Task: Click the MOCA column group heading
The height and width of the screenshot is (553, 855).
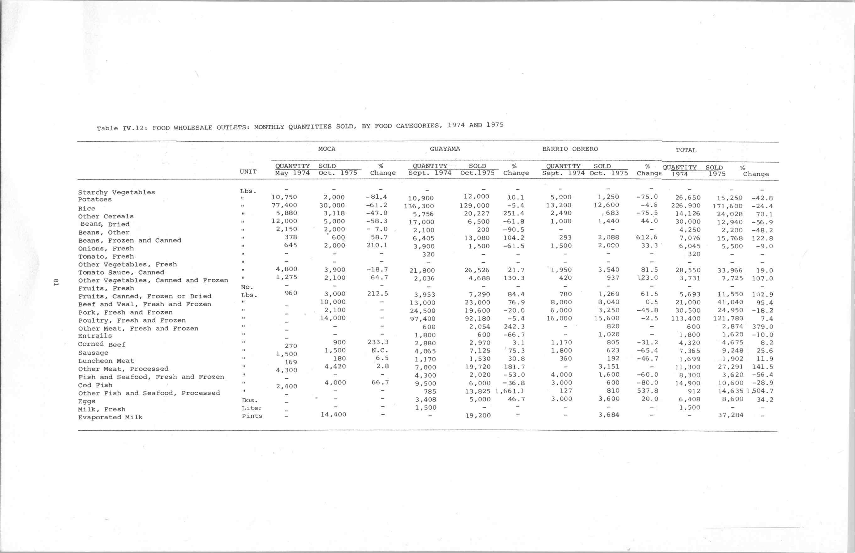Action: pyautogui.click(x=327, y=149)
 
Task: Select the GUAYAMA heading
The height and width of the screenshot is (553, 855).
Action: pyautogui.click(x=445, y=149)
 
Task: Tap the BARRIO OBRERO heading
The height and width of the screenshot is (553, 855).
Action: pyautogui.click(x=570, y=149)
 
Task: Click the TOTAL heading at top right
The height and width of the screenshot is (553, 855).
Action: pyautogui.click(x=686, y=150)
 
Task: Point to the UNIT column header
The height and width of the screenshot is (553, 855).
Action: pyautogui.click(x=248, y=172)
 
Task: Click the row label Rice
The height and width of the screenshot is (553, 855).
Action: pyautogui.click(x=87, y=208)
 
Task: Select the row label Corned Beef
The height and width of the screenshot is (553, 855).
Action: pyautogui.click(x=102, y=344)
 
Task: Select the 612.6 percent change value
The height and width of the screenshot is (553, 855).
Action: pyautogui.click(x=647, y=237)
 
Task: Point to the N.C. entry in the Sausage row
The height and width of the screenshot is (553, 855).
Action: pyautogui.click(x=380, y=351)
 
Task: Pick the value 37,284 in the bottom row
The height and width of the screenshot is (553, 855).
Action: pyautogui.click(x=731, y=415)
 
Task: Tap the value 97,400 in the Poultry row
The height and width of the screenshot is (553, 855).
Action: pyautogui.click(x=422, y=319)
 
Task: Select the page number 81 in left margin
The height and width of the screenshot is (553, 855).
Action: pyautogui.click(x=56, y=282)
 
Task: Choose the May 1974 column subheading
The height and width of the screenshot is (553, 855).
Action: pyautogui.click(x=292, y=173)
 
